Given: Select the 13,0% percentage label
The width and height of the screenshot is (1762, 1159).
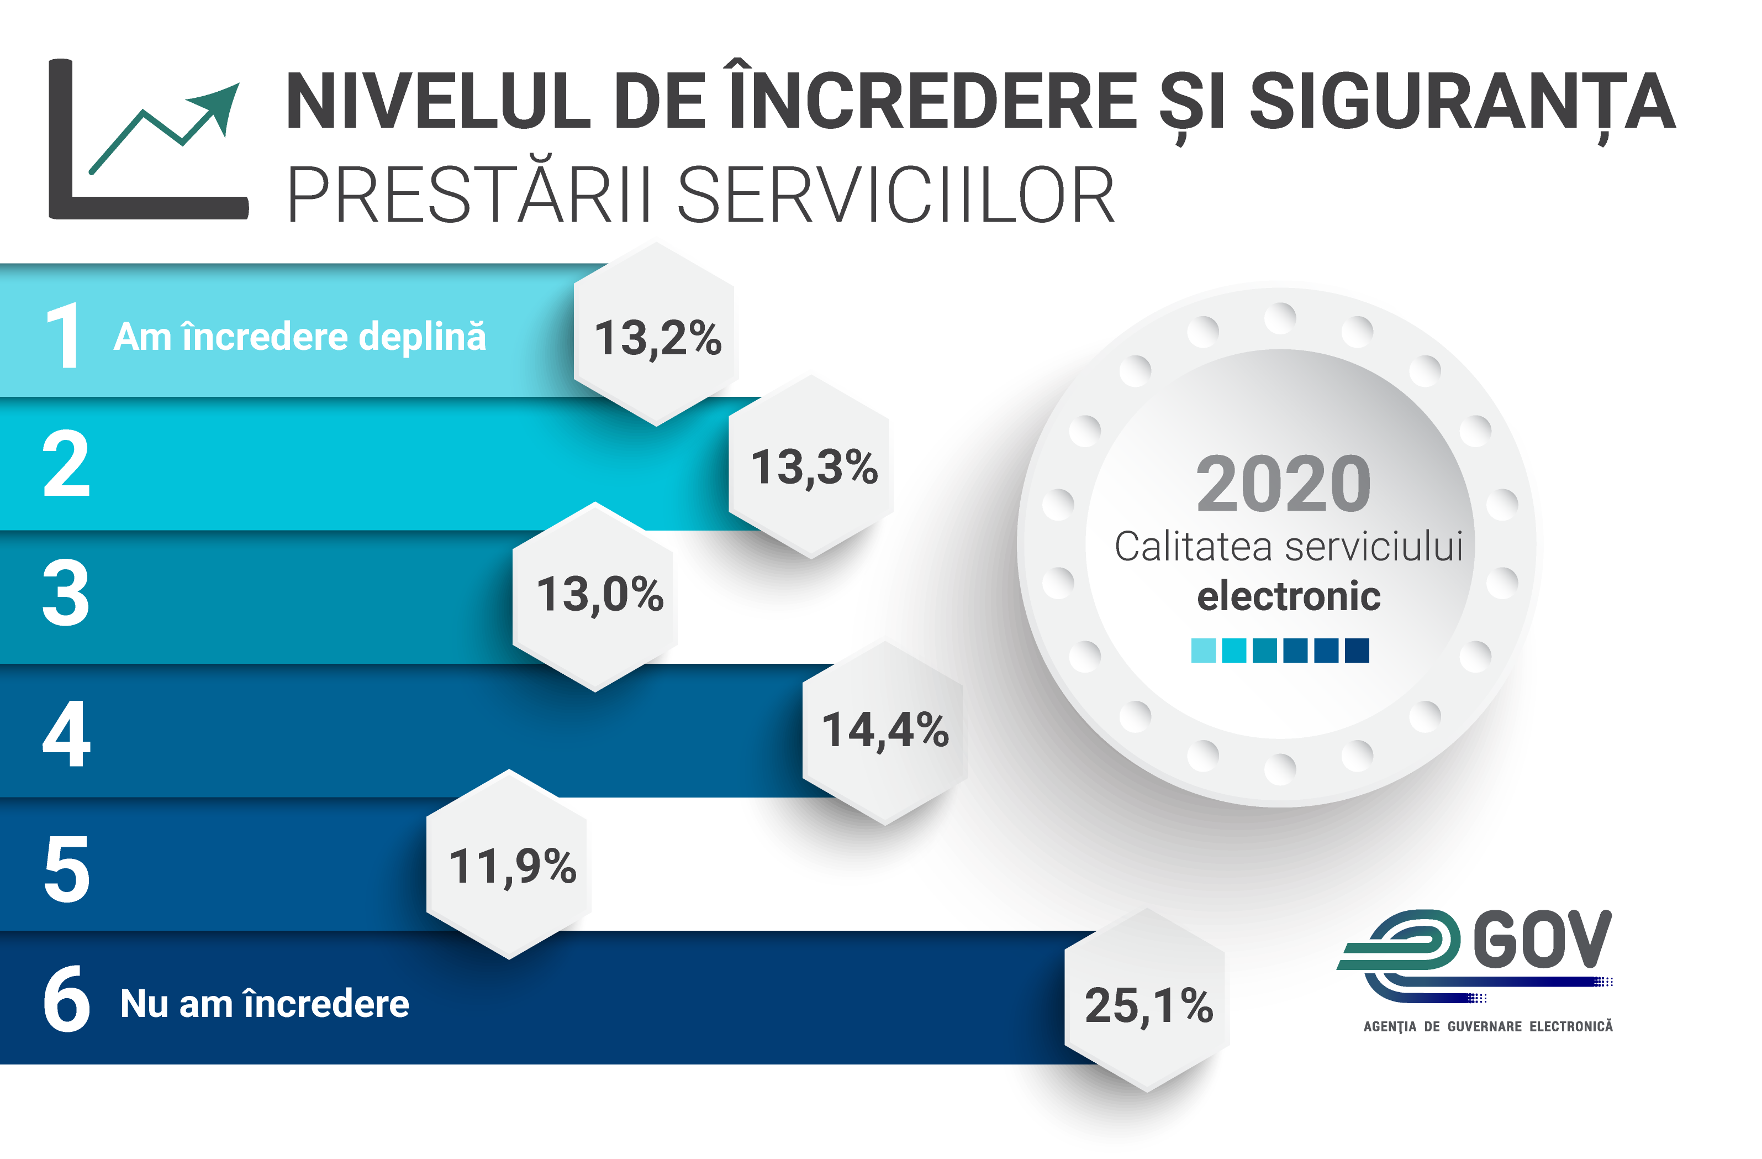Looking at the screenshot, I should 600,594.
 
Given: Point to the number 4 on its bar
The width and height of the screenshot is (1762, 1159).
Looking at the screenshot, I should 67,733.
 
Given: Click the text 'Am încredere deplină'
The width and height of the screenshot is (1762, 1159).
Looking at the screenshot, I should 300,337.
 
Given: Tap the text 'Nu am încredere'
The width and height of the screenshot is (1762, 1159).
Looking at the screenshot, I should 264,1004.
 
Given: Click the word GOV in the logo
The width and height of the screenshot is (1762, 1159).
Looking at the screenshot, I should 1542,939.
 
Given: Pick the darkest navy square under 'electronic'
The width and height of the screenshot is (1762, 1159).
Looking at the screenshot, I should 1356,650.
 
